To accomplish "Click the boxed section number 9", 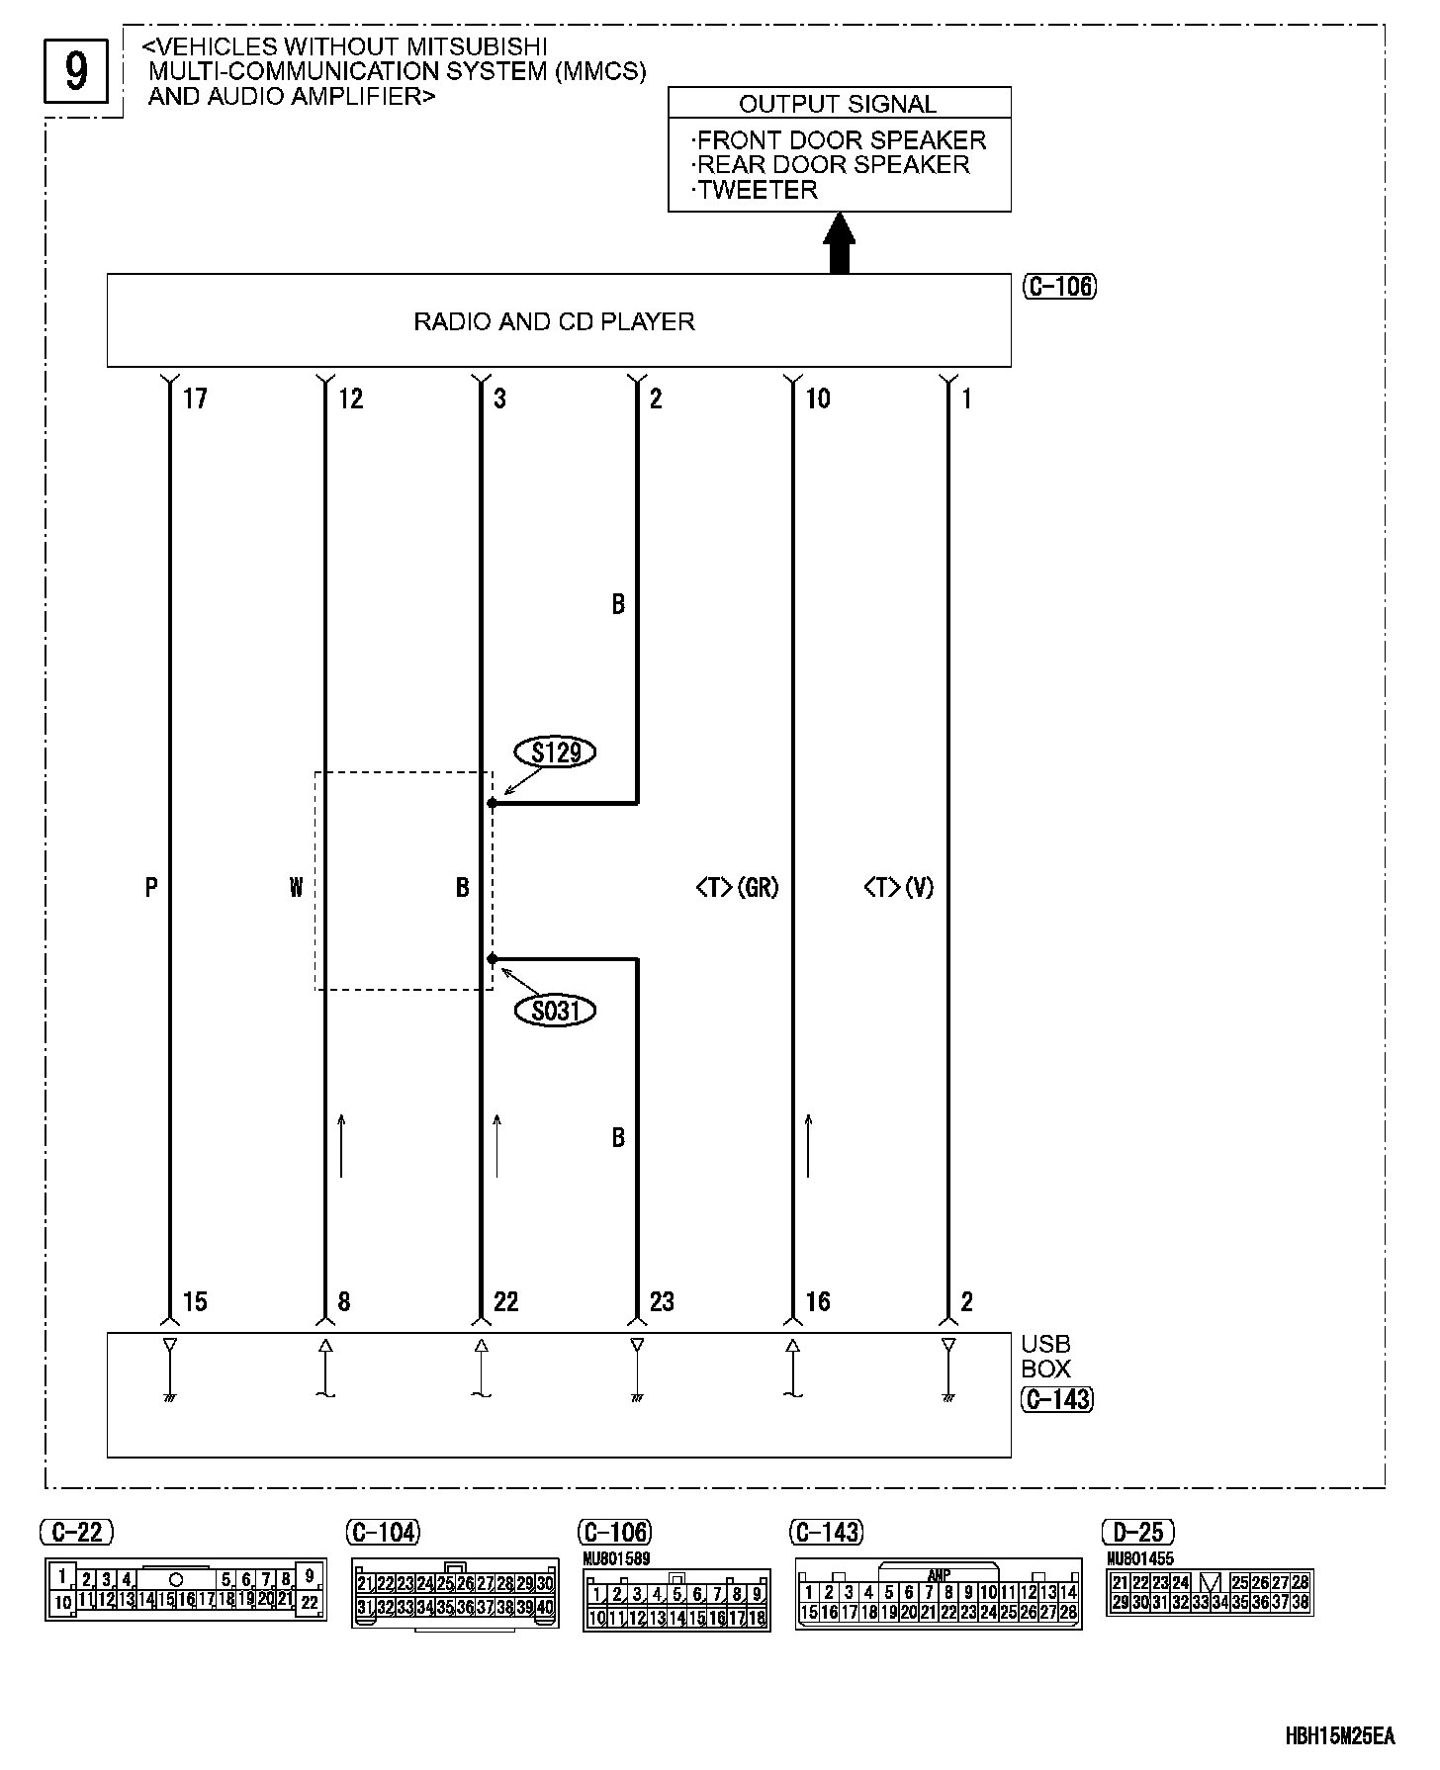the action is (x=76, y=71).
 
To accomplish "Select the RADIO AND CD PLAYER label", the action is (x=554, y=321).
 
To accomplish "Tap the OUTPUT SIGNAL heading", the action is (x=838, y=104).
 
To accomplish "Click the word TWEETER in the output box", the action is (x=758, y=190).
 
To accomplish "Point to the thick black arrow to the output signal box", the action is (x=839, y=243).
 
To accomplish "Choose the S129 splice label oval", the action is (x=556, y=752).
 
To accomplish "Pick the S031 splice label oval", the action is (x=556, y=1011).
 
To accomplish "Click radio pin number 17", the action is (x=195, y=398).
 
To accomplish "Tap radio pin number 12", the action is (x=351, y=398).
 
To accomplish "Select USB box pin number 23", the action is (x=662, y=1301).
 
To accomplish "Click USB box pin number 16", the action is (x=818, y=1301).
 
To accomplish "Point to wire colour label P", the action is (x=151, y=888).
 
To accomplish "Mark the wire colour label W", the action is (x=296, y=888).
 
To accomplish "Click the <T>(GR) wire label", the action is (x=737, y=888).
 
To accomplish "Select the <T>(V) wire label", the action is (x=898, y=888).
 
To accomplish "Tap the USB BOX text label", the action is (x=1045, y=1356).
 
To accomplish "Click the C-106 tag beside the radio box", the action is (x=1058, y=287).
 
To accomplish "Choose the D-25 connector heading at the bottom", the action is (x=1138, y=1533).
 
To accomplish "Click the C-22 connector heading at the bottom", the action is (x=77, y=1533).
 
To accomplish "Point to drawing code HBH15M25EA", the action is (x=1339, y=1736).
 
